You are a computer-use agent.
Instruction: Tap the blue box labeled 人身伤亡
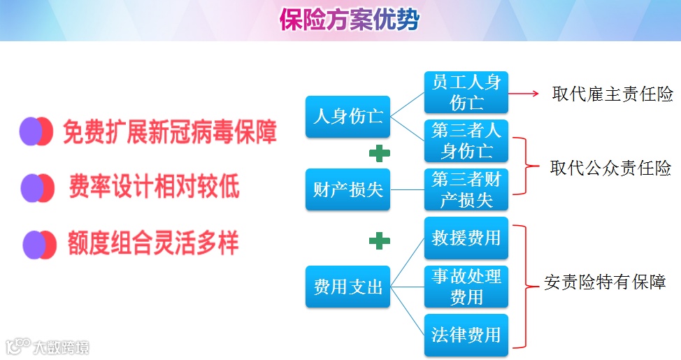(347, 116)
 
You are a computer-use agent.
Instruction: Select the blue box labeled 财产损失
(347, 189)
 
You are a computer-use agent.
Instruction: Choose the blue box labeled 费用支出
(347, 286)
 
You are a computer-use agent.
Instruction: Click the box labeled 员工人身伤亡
(466, 92)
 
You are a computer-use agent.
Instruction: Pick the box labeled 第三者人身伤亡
(466, 141)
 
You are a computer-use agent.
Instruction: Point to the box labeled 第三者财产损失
(466, 189)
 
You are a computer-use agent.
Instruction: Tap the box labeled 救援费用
(466, 238)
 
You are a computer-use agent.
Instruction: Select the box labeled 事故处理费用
(466, 286)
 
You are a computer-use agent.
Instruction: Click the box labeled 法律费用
(466, 335)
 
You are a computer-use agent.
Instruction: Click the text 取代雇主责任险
(612, 94)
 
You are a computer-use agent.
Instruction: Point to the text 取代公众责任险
(610, 168)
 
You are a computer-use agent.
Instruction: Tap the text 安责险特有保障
(605, 282)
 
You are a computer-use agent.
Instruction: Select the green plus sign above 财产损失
(379, 153)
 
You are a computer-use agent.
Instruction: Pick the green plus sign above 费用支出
(379, 241)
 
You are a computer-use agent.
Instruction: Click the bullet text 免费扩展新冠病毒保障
(170, 132)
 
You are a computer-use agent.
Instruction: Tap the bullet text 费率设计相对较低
(154, 187)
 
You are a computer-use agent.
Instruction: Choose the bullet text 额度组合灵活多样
(153, 243)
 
